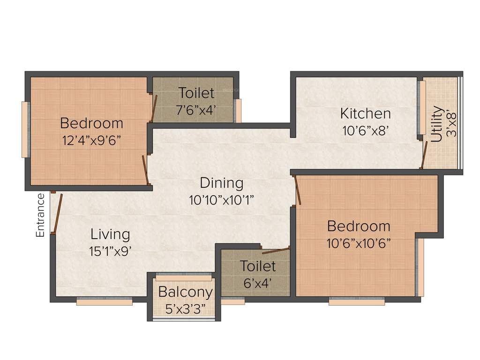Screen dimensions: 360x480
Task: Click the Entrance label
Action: pyautogui.click(x=40, y=215)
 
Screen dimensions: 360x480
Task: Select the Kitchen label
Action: pyautogui.click(x=365, y=113)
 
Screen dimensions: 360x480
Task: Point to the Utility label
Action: pyautogui.click(x=436, y=124)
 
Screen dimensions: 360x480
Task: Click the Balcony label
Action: pyautogui.click(x=185, y=292)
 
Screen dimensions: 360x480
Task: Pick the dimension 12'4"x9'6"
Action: pyautogui.click(x=91, y=140)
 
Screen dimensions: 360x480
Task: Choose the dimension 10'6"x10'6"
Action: pyautogui.click(x=359, y=243)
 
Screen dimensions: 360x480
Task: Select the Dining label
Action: pyautogui.click(x=222, y=183)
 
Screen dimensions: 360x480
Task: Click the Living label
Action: pyautogui.click(x=110, y=234)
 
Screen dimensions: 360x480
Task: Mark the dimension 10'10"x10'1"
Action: pyautogui.click(x=221, y=200)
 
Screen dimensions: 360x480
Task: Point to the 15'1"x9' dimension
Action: pyautogui.click(x=110, y=251)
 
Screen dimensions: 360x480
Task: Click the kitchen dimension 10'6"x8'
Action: pyautogui.click(x=366, y=131)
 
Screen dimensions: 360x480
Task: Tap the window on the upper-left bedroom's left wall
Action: pyautogui.click(x=25, y=129)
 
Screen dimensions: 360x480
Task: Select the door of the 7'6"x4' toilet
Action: pyautogui.click(x=153, y=108)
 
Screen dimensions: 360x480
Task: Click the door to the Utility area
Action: pyautogui.click(x=424, y=155)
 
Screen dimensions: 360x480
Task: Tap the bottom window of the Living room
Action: pyautogui.click(x=105, y=302)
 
